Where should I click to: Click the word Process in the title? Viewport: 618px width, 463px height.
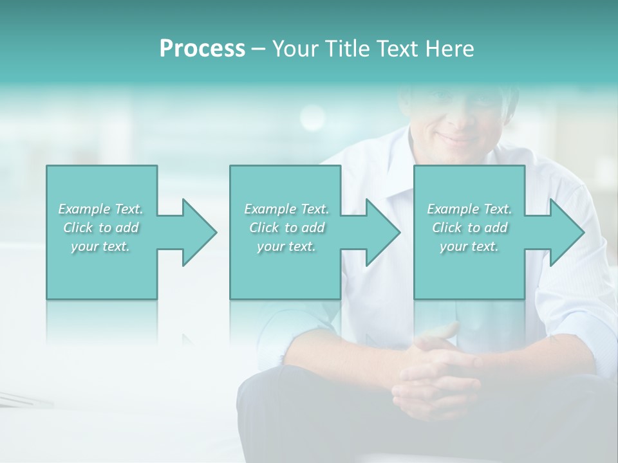click(x=202, y=49)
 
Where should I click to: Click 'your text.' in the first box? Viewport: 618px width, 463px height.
click(x=100, y=246)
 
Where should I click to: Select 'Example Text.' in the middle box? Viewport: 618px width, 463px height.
click(x=286, y=209)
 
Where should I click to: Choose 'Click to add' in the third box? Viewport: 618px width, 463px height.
click(x=470, y=228)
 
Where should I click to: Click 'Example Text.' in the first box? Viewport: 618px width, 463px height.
click(x=100, y=209)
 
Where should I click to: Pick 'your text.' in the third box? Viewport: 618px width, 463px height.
click(x=469, y=246)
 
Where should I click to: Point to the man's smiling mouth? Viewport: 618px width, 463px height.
click(x=458, y=138)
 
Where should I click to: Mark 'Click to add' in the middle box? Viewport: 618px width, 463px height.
click(x=286, y=228)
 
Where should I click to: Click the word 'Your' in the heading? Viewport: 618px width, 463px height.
click(x=295, y=49)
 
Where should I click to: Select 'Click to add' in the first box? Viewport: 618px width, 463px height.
click(x=101, y=228)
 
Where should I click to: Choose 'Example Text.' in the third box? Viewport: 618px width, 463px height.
click(x=469, y=209)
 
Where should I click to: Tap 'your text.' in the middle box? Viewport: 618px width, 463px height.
click(x=286, y=246)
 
